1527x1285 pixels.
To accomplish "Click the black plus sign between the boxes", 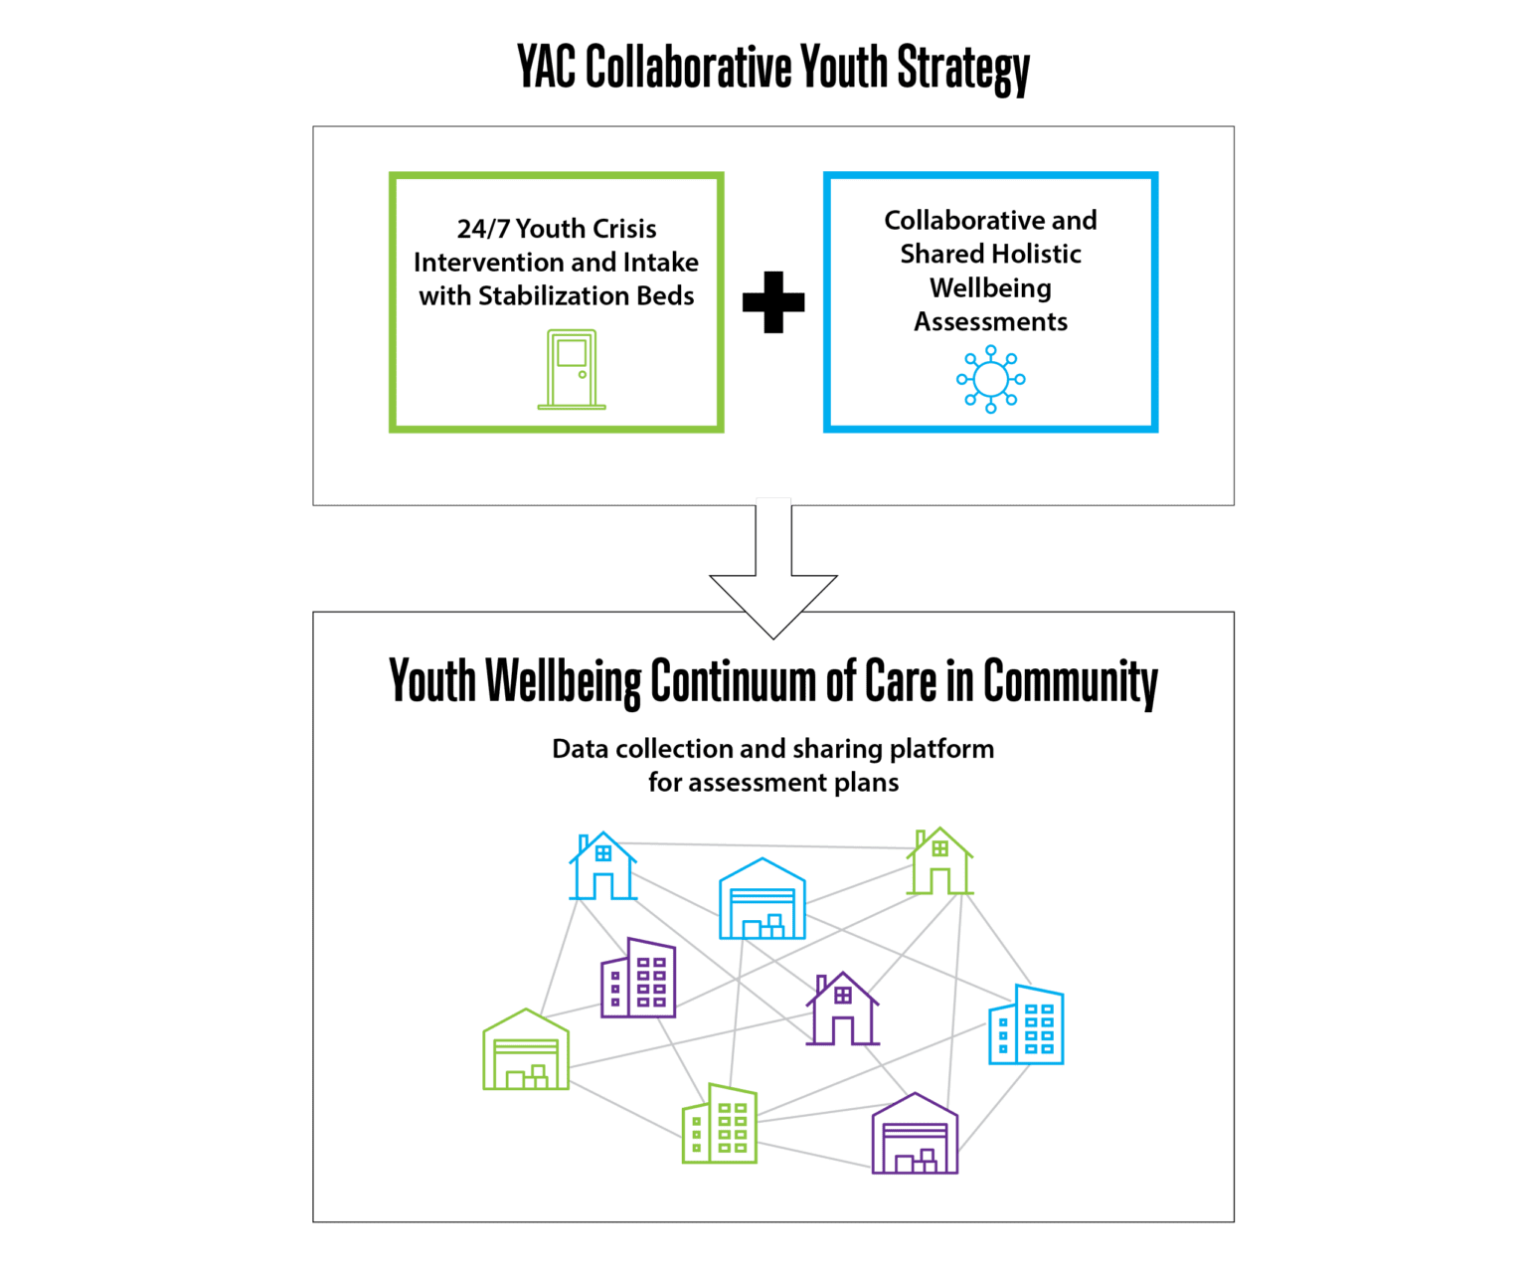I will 773,302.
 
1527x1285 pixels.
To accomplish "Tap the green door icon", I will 572,370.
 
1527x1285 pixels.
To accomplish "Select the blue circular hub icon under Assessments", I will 990,379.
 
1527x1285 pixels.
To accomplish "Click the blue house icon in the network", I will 602,867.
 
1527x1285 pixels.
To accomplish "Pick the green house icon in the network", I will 939,861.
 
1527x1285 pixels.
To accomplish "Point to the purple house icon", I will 842,1009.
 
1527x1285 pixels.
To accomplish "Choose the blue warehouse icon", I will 763,900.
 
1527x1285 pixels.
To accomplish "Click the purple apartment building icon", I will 638,979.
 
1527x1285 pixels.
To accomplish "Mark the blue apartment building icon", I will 1026,1025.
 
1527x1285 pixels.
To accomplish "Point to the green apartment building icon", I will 720,1124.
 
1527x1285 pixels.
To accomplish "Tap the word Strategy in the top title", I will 962,69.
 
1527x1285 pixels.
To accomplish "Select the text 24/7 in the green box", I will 483,230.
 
